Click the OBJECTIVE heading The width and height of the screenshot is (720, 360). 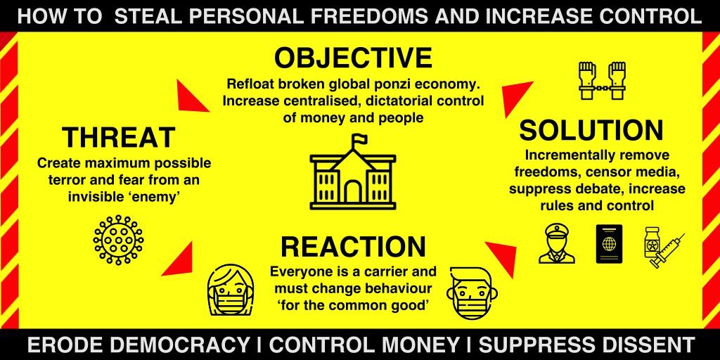point(353,58)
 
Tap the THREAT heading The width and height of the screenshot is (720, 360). point(118,137)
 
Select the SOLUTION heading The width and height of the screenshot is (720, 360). point(591,131)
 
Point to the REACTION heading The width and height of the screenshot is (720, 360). point(353,247)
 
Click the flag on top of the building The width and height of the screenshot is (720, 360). point(359,139)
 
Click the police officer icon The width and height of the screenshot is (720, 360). point(556,244)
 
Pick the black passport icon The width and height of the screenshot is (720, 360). point(609,244)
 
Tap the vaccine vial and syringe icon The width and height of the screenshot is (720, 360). point(662,246)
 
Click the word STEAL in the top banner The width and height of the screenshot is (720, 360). point(145,16)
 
